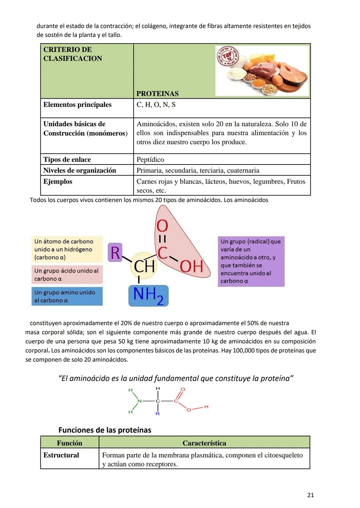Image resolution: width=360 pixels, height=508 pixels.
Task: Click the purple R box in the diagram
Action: click(115, 252)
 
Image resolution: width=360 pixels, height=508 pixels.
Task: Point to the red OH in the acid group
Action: click(192, 266)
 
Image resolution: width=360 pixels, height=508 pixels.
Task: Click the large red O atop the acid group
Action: click(162, 226)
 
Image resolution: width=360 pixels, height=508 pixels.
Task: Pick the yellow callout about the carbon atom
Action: click(67, 249)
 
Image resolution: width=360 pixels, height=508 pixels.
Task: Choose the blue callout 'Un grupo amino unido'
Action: click(67, 296)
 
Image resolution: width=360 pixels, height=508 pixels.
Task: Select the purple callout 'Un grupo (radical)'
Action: click(251, 261)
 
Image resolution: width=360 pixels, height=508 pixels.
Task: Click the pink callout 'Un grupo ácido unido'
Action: click(67, 274)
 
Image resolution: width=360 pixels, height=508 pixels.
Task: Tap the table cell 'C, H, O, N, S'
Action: click(156, 105)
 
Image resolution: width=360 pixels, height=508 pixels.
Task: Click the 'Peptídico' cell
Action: click(150, 160)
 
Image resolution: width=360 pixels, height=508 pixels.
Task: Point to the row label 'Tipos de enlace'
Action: click(67, 160)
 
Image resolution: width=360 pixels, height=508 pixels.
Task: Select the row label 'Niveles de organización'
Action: click(80, 171)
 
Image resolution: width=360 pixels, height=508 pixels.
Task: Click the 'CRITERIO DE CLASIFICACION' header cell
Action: click(73, 54)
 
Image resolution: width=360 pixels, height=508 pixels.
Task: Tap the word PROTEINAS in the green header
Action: click(158, 94)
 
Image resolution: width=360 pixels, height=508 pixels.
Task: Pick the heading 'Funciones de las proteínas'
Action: click(105, 430)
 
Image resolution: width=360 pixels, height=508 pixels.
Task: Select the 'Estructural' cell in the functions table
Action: click(61, 455)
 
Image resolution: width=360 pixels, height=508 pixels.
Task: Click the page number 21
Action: click(310, 495)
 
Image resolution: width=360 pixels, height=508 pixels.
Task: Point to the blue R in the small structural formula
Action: click(158, 414)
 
